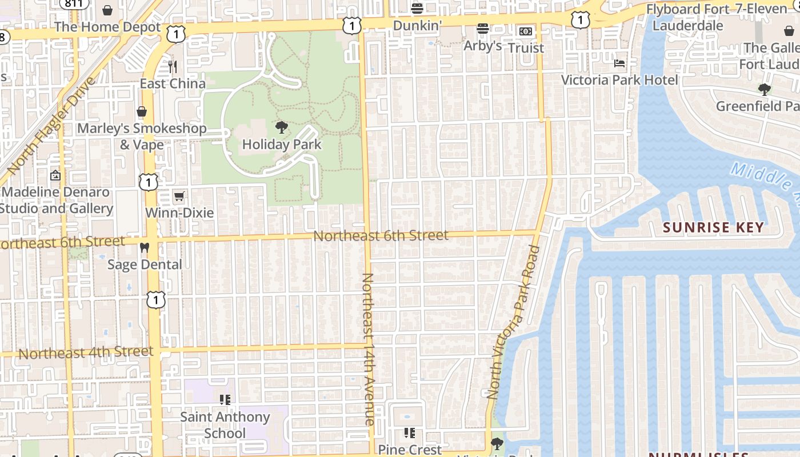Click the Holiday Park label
[282, 145]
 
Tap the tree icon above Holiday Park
[281, 127]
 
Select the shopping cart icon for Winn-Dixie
[179, 197]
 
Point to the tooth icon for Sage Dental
[145, 248]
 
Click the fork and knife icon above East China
[173, 67]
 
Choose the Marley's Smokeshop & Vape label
[142, 137]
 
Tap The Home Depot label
[108, 27]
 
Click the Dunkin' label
[418, 26]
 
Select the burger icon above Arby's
[483, 29]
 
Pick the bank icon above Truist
[526, 31]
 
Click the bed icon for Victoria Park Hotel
[619, 63]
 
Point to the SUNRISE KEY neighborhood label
[713, 227]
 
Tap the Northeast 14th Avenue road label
[368, 349]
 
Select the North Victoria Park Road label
[513, 322]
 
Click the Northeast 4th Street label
[86, 352]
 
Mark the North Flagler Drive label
[51, 126]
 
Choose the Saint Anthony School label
[225, 425]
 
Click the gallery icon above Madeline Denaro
[55, 175]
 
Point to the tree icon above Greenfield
[764, 89]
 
